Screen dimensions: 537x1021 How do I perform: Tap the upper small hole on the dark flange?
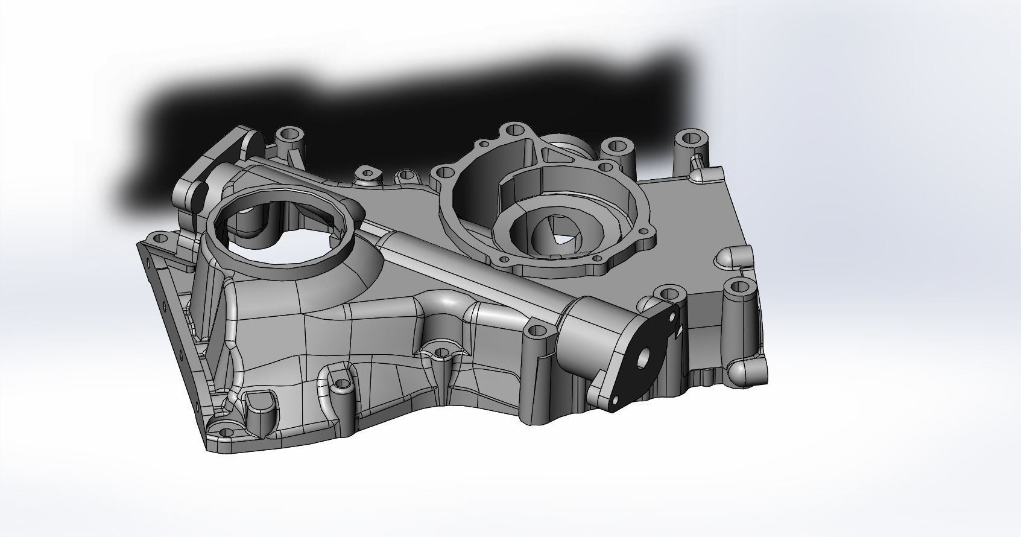674,315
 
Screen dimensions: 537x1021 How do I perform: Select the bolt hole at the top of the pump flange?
513,129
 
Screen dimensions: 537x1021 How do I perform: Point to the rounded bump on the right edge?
730,258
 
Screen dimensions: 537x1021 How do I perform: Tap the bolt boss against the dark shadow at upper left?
289,134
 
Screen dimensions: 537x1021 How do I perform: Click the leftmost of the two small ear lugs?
366,174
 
